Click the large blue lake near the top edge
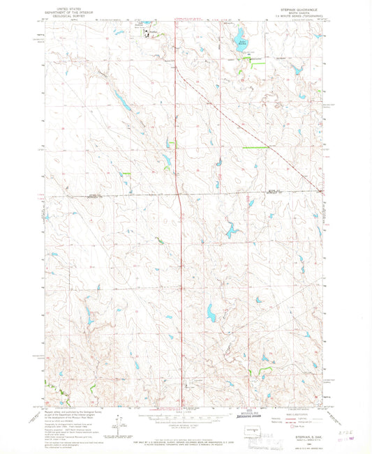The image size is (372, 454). [239, 33]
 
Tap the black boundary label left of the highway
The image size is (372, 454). [91, 197]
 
